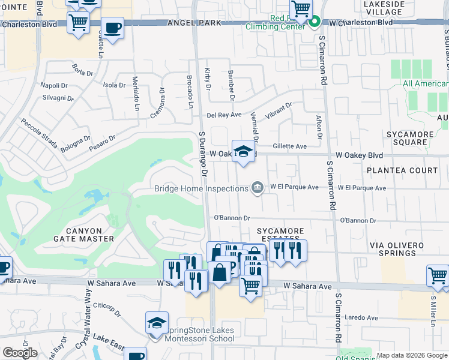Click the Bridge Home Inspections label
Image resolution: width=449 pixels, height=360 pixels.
[201, 188]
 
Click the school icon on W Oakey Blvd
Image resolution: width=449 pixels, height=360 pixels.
[243, 152]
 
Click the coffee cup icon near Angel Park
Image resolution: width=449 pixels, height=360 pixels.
[112, 28]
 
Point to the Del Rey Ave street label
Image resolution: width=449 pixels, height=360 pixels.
[224, 115]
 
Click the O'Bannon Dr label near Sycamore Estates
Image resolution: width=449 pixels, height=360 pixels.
[232, 218]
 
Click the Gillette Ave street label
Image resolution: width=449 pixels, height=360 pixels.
[289, 146]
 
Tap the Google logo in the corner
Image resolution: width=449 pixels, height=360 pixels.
[19, 353]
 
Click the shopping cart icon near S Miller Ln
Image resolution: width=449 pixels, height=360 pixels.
[438, 276]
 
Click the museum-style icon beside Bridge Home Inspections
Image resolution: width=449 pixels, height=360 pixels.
[257, 188]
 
